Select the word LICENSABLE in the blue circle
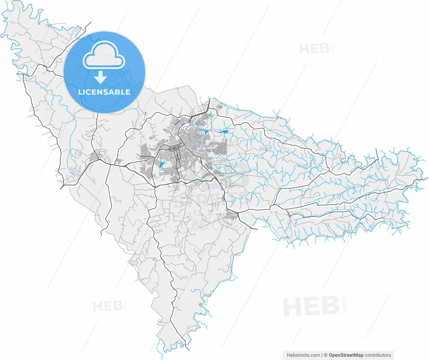point(104,92)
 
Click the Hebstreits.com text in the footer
point(303,355)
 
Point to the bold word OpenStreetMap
point(346,355)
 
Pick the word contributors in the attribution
point(378,355)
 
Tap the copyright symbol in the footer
point(325,355)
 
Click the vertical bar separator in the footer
point(322,355)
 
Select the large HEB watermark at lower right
point(311,306)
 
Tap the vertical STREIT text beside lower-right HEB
point(344,304)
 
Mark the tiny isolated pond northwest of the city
point(146,113)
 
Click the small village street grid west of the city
point(95,156)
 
